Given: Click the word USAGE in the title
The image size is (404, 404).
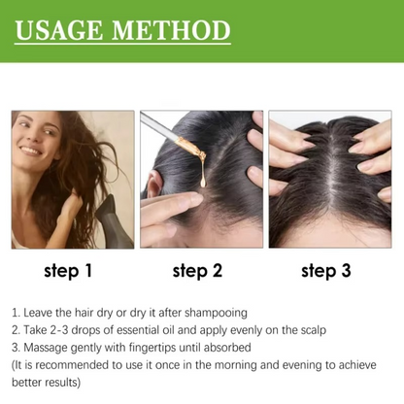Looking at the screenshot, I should [65, 29].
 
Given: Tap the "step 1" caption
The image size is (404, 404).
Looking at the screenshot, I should [68, 271].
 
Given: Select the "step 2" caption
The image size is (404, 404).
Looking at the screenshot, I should [198, 271].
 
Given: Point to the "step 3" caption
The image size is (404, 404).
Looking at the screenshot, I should [326, 271].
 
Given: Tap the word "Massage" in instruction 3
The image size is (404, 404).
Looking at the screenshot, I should [48, 348].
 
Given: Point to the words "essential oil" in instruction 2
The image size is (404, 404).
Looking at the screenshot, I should [132, 330].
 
